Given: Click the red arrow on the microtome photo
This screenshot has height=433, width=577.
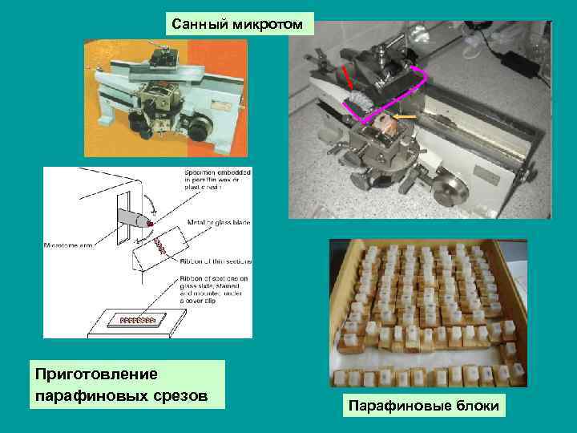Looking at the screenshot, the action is (x=349, y=79).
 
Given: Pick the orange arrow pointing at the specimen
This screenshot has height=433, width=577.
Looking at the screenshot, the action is (x=405, y=117).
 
